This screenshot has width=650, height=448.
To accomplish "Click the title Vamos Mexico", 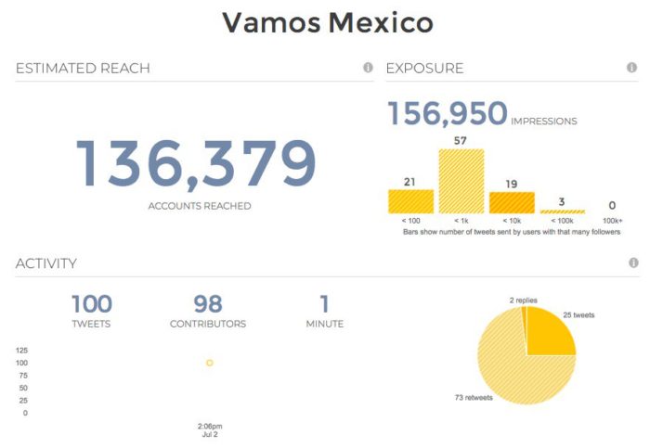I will click(328, 22).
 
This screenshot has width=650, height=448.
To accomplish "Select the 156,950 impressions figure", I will click(447, 114).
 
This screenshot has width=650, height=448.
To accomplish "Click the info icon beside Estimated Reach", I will click(368, 68).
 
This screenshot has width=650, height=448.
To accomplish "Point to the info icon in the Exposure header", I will click(632, 68).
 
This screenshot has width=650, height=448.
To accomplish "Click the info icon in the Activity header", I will click(632, 262).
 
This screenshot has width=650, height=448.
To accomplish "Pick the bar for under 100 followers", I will click(409, 201).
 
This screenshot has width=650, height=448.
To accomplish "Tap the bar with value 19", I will click(512, 203).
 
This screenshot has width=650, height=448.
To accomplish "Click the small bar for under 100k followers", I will click(563, 211).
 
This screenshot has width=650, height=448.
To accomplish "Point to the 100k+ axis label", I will click(612, 222).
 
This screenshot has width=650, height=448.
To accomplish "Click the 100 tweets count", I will click(91, 304).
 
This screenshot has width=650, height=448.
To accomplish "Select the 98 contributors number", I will click(207, 304).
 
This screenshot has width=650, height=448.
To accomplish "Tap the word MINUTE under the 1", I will click(324, 324).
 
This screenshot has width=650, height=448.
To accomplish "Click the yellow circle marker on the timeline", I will click(210, 363).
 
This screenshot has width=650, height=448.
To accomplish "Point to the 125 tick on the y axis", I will click(20, 351).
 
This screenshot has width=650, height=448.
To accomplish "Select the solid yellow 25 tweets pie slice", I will click(549, 335).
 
